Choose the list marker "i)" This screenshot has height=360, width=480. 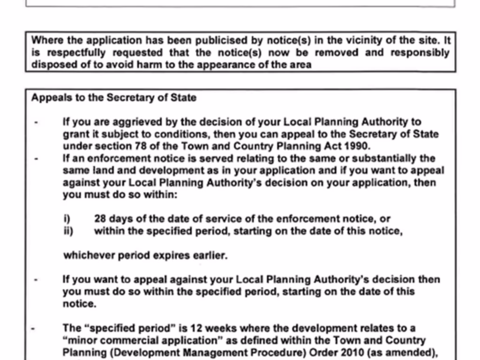[67, 219]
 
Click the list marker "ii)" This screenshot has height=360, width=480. [68, 231]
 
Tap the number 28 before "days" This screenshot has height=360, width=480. [101, 219]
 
